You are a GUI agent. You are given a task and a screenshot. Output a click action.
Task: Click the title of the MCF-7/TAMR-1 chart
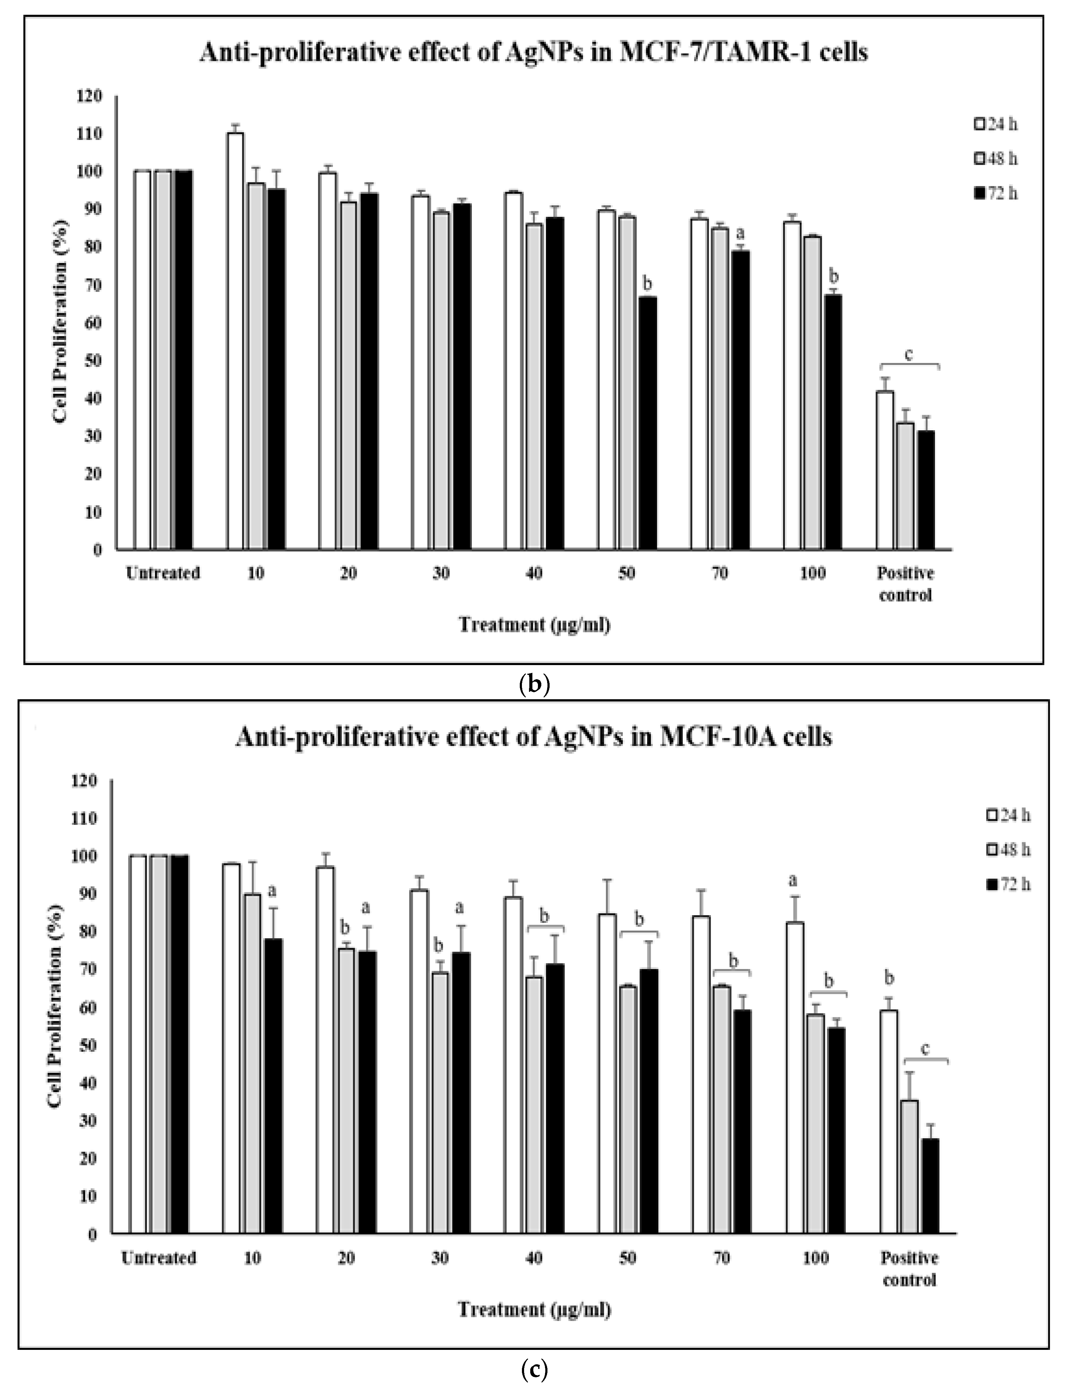[534, 52]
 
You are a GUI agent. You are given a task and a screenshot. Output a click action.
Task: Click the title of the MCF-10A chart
[534, 737]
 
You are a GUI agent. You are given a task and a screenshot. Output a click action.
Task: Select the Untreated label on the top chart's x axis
[163, 573]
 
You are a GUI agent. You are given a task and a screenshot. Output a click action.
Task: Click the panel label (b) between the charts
[535, 684]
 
